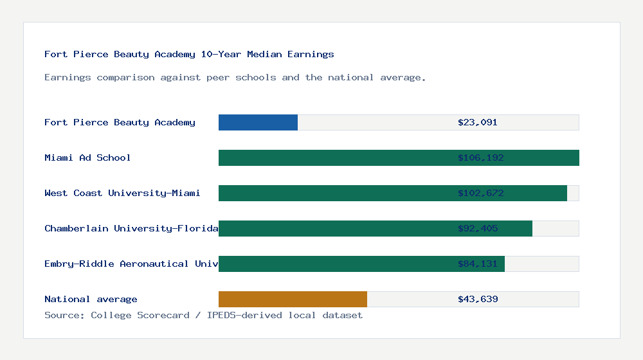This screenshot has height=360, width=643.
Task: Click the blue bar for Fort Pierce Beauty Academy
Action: point(258,122)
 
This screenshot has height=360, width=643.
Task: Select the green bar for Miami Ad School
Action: point(334,157)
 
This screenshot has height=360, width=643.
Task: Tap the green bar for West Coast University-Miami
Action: point(334,193)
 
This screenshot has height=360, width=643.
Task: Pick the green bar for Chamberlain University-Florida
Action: point(334,228)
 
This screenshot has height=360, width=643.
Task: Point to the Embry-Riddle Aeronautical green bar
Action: point(334,264)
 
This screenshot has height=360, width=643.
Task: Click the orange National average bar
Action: point(293,299)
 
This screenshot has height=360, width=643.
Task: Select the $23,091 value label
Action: point(478,122)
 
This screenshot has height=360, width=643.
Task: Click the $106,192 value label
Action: point(480,157)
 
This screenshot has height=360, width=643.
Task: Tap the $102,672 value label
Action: point(480,193)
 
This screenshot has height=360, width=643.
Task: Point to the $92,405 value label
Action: point(478,228)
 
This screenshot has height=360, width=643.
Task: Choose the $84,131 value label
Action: point(478,264)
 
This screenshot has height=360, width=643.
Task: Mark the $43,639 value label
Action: point(478,299)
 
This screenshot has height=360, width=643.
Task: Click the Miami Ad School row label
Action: point(87,157)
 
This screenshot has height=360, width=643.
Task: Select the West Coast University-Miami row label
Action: point(122,193)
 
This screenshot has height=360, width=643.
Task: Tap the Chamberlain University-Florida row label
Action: point(131,228)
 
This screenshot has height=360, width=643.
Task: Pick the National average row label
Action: point(91,299)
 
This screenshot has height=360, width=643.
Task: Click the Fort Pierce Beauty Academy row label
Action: point(120,122)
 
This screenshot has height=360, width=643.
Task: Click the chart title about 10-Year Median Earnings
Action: point(189,54)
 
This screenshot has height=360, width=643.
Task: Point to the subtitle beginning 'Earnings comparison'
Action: point(235,77)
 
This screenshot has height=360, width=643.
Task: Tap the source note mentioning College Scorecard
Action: point(203,315)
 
